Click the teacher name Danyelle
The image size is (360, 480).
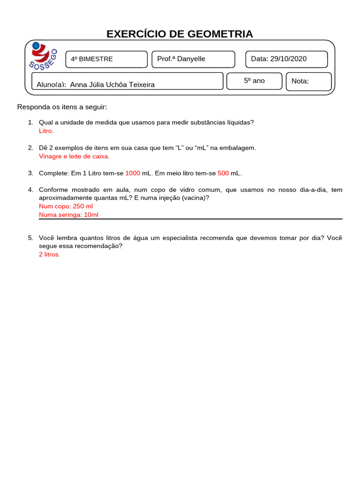191,59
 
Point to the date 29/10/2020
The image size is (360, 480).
288,59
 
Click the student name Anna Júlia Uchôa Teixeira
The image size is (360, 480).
112,84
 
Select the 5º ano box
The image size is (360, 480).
254,81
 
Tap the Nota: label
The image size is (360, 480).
300,81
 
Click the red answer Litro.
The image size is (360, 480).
46,131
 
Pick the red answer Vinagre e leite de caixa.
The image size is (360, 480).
74,156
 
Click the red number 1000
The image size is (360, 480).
133,173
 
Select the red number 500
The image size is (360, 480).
223,173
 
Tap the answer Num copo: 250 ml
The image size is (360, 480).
66,206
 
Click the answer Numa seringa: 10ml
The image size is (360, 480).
68,215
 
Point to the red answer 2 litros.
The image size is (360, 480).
49,255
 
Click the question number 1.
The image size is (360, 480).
30,122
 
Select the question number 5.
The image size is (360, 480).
30,238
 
